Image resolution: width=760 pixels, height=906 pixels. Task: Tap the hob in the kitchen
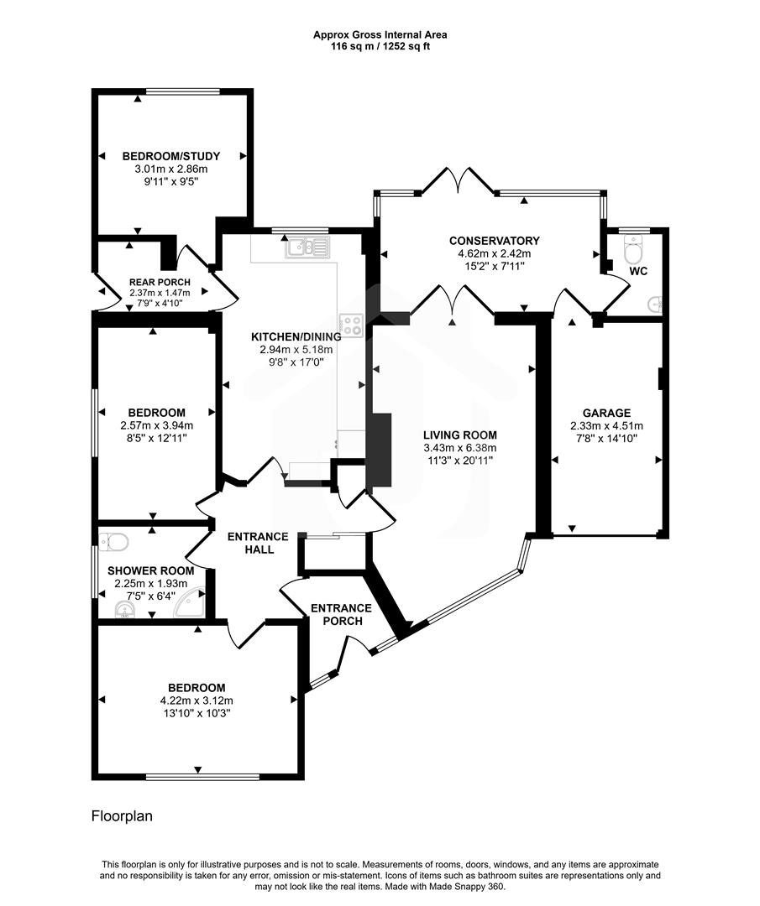[x=351, y=325]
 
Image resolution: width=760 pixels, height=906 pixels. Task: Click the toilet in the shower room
[x=111, y=541]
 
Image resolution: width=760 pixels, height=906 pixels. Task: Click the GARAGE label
[x=606, y=413]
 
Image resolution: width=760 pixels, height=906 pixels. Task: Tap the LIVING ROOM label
[x=459, y=435]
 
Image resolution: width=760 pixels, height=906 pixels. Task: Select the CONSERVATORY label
[x=494, y=241]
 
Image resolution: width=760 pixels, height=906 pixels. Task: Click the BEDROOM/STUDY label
[x=171, y=156]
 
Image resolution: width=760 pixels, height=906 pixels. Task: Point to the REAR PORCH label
[x=160, y=282]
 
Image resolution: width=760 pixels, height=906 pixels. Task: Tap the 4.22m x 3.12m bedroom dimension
[x=196, y=700]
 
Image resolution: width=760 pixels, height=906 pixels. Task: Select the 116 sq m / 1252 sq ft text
[x=380, y=47]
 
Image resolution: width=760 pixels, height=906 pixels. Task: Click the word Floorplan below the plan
[x=122, y=815]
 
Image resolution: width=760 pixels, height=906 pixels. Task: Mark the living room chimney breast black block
[x=380, y=450]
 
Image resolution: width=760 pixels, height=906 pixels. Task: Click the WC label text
[x=638, y=272]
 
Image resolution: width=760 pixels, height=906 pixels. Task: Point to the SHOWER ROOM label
[x=150, y=570]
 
